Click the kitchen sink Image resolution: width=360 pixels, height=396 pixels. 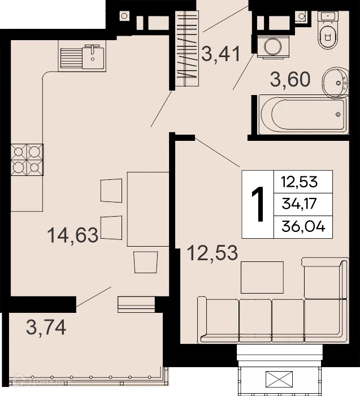point(81,56)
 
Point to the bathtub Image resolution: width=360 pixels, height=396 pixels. point(303,115)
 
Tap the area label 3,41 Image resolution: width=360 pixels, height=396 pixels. point(221,55)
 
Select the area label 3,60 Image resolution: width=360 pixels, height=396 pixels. point(290,80)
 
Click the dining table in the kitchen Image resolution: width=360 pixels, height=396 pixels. point(148,209)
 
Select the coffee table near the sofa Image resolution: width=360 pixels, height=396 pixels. point(262,277)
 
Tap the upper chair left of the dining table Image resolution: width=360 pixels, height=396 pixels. point(111,190)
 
